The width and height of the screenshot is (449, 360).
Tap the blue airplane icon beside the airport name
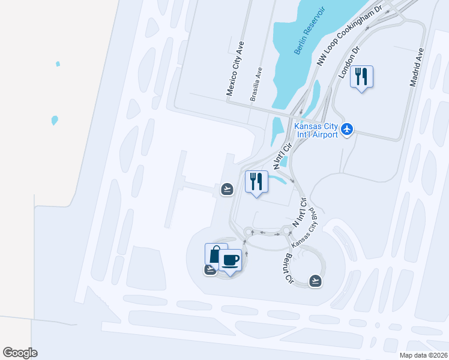coord(346,129)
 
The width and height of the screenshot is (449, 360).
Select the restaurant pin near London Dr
coord(361,77)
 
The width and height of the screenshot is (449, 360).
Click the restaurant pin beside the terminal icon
coord(256,181)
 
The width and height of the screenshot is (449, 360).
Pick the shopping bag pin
coord(214,253)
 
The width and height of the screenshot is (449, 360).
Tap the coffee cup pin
coord(231,260)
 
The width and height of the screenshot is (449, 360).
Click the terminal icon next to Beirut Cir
coord(315,280)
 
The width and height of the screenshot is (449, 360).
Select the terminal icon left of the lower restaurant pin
coord(227,190)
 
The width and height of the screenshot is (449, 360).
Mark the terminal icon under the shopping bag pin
coord(210,269)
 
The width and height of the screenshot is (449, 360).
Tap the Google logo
coord(20,353)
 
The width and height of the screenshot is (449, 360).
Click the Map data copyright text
coord(424,355)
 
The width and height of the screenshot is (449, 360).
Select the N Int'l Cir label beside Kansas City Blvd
coord(300,214)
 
